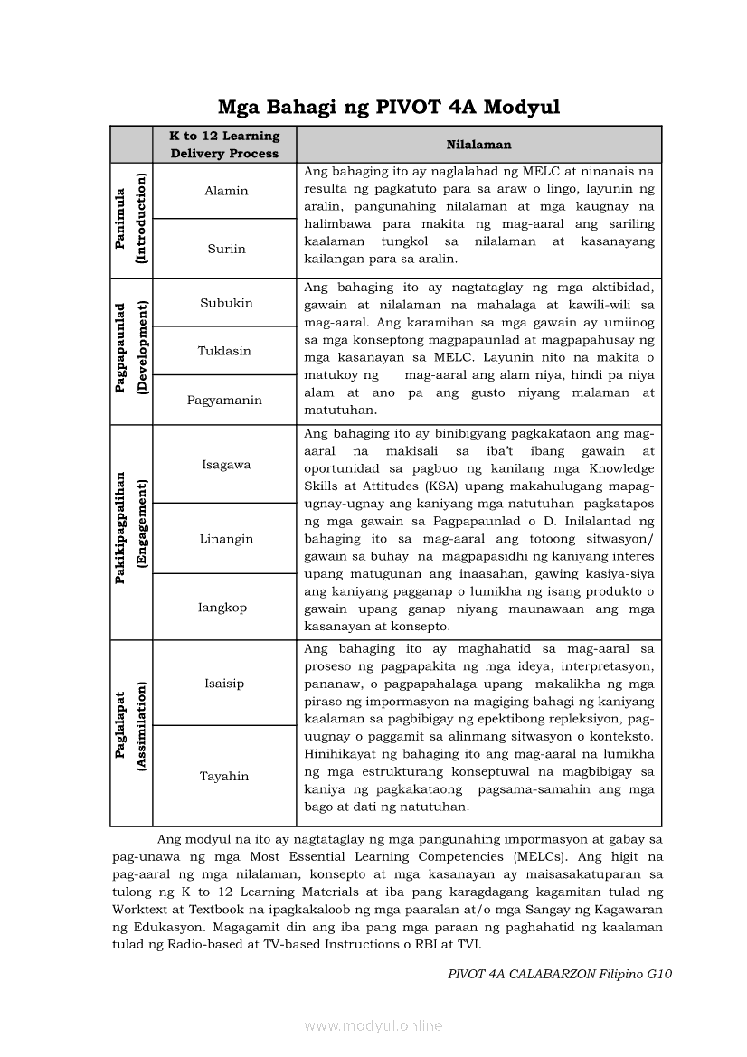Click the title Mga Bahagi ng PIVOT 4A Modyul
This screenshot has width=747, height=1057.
[389, 108]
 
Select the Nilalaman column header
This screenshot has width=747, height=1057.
[478, 145]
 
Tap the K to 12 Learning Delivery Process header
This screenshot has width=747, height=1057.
[225, 145]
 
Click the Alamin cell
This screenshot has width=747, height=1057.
[225, 191]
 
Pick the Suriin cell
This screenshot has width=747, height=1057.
[225, 249]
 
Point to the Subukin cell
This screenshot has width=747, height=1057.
[226, 303]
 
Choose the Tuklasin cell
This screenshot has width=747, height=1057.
[224, 351]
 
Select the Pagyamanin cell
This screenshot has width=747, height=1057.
[224, 400]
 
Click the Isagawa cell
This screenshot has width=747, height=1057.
[225, 465]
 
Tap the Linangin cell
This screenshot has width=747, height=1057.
[226, 539]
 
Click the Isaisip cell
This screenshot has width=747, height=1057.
[224, 684]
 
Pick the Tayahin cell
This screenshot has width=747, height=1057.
[224, 776]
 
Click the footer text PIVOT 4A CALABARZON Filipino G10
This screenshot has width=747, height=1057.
[560, 974]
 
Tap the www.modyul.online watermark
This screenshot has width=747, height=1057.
[373, 1026]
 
